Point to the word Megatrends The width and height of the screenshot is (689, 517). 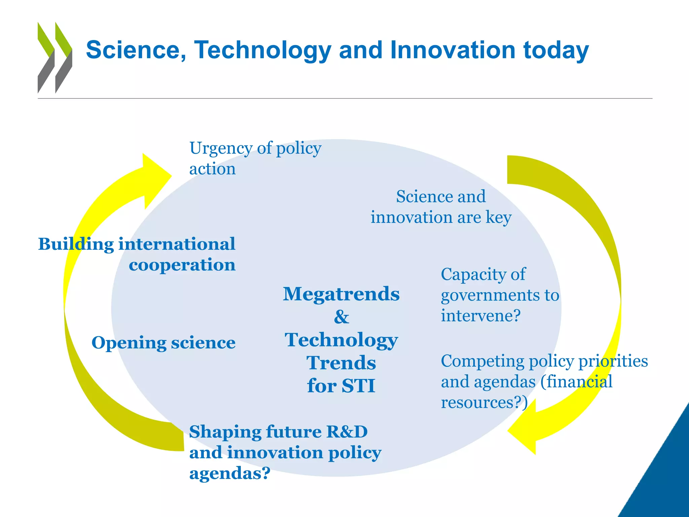coord(341,294)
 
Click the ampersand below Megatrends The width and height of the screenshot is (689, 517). coord(341,317)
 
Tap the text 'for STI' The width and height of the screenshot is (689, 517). coord(341,385)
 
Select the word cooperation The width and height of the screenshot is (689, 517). coord(182,265)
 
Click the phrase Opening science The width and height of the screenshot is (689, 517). coord(164,343)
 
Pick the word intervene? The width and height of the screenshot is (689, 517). coord(481,316)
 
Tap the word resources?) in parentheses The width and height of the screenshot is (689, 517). coord(484,403)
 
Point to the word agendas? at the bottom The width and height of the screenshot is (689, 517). coord(230,473)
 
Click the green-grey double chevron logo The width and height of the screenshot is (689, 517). coord(55,57)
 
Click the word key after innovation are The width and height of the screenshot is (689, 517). coord(499,217)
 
